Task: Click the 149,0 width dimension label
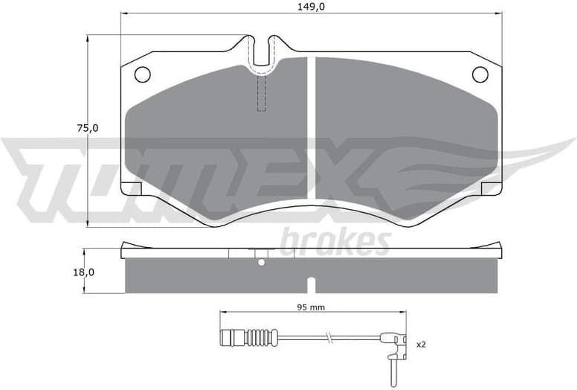point(311,7)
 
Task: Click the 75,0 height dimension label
point(87,128)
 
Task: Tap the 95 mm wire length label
point(311,307)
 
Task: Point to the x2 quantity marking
point(421,344)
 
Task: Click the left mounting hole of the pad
point(142,74)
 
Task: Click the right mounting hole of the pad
point(480,74)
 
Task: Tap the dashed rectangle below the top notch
point(261,93)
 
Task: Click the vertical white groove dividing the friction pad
point(311,127)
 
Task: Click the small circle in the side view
point(260,261)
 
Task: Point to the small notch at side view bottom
point(311,284)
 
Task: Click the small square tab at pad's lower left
point(131,188)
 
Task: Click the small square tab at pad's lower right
point(491,188)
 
